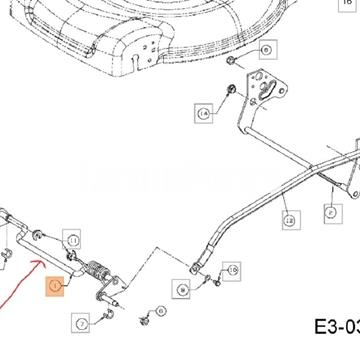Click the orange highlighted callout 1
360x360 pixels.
pos(55,289)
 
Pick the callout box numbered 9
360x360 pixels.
pos(181,290)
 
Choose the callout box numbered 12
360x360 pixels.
pos(289,217)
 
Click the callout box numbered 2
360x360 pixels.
pos(329,211)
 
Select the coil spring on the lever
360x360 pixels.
pos(98,271)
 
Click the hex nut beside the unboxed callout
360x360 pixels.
pos(230,60)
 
